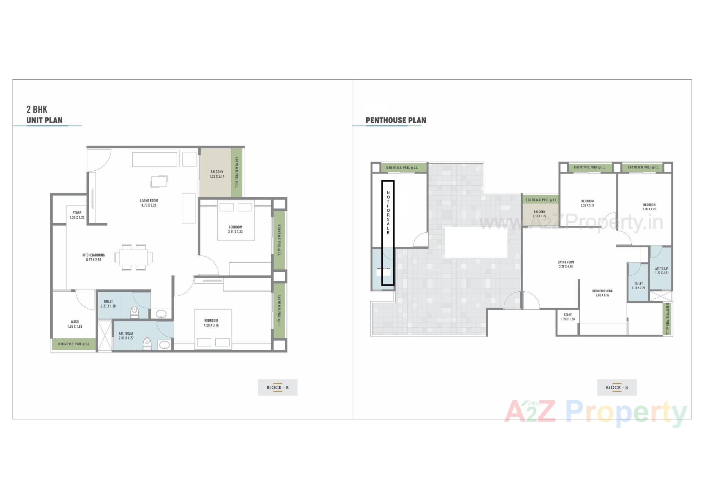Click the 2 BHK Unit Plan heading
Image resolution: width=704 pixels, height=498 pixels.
tap(44, 115)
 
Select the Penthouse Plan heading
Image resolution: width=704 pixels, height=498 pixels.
tap(396, 120)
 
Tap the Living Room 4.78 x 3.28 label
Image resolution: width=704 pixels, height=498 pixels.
tap(149, 203)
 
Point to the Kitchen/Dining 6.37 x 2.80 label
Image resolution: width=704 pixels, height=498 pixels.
tap(93, 257)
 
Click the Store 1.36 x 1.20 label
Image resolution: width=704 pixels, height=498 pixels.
tap(77, 215)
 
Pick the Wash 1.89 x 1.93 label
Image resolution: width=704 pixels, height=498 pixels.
tap(75, 324)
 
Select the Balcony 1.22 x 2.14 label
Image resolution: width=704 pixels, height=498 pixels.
tap(217, 174)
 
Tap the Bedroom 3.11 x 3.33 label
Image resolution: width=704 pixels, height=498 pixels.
tap(235, 229)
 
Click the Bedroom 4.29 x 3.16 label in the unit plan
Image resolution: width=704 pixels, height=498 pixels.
tap(211, 323)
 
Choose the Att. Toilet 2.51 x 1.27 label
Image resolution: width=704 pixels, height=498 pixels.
tap(126, 336)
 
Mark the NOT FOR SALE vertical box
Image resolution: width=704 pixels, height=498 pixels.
tap(388, 233)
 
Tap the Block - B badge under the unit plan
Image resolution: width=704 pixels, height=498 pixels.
tap(278, 388)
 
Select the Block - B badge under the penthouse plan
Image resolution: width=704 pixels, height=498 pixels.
tap(617, 388)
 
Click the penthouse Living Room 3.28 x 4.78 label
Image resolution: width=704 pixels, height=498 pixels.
tap(566, 264)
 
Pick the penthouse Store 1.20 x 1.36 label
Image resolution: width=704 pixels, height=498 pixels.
tap(568, 317)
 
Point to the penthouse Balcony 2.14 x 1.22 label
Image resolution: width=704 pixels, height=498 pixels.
tap(539, 214)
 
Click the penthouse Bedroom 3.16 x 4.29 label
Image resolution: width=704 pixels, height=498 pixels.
tap(649, 207)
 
